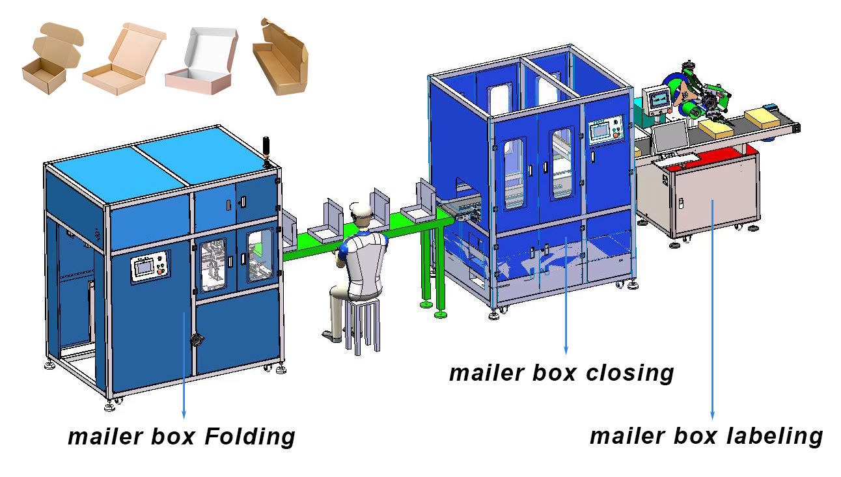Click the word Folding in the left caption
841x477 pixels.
[250, 437]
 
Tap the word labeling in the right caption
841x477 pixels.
[775, 437]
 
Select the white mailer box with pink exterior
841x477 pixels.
[202, 61]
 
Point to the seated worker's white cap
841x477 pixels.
[361, 209]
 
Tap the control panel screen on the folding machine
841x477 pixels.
[144, 266]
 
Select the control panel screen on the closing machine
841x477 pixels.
[600, 131]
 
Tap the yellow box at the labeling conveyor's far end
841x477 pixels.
[762, 119]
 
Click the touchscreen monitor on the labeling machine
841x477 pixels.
[671, 136]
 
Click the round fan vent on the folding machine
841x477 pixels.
[197, 340]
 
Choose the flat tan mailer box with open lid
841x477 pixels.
[124, 59]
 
